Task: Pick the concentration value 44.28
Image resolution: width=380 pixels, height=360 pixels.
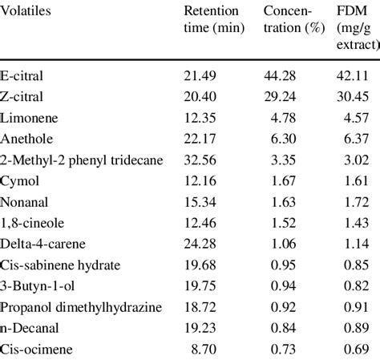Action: (280, 76)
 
